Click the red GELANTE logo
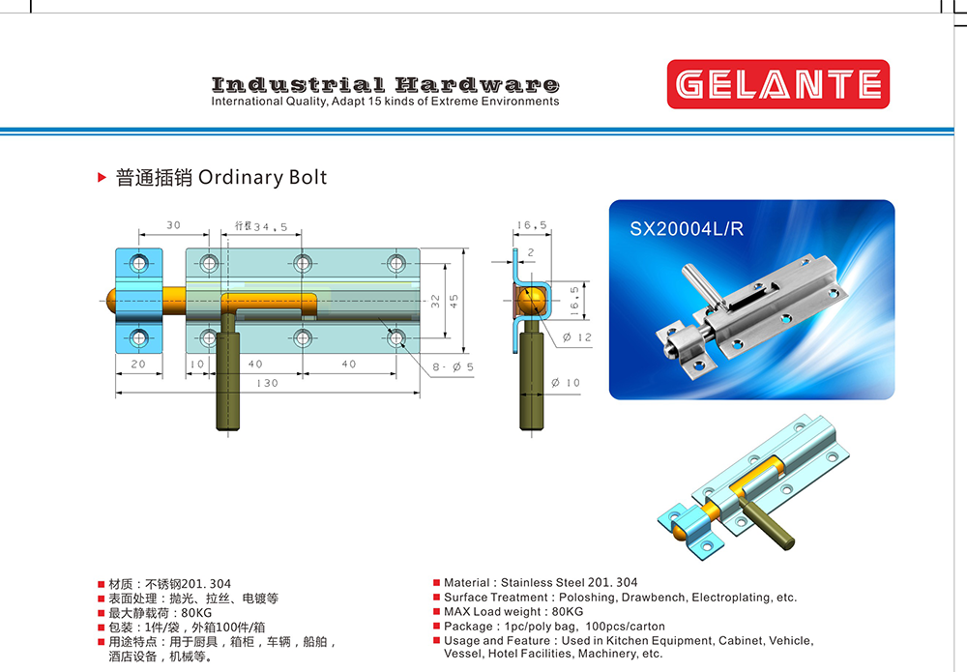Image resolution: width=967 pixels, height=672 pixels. pos(777,84)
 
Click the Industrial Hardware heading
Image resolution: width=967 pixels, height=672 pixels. pos(386,84)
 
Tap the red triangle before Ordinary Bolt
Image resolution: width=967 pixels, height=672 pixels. pos(102,178)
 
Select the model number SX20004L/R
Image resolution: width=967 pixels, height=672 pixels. pos(687,229)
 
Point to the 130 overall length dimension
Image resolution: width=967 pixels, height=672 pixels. pos(267,384)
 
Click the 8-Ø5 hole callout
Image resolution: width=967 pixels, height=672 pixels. pos(453,366)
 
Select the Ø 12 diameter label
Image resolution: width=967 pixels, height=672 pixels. pos(576,337)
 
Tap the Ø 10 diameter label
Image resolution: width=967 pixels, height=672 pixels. pos(566,383)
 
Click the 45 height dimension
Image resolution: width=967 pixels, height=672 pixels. pos(454,301)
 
